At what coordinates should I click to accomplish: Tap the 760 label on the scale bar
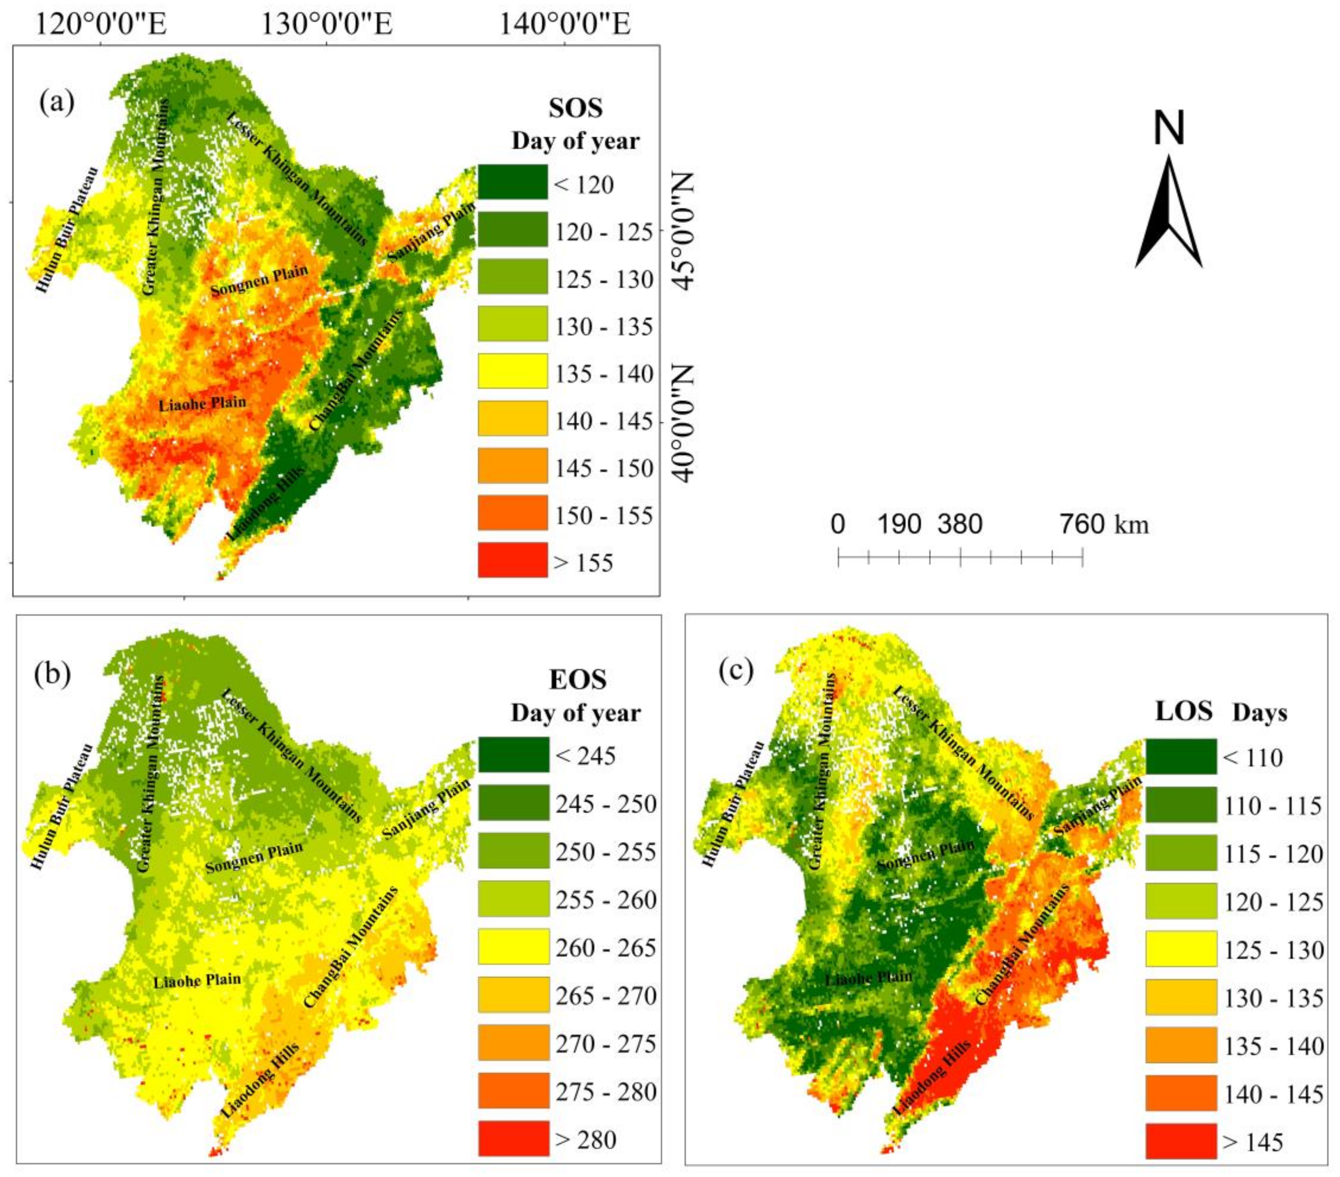tap(1082, 524)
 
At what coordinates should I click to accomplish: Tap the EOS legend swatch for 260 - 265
tap(513, 947)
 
